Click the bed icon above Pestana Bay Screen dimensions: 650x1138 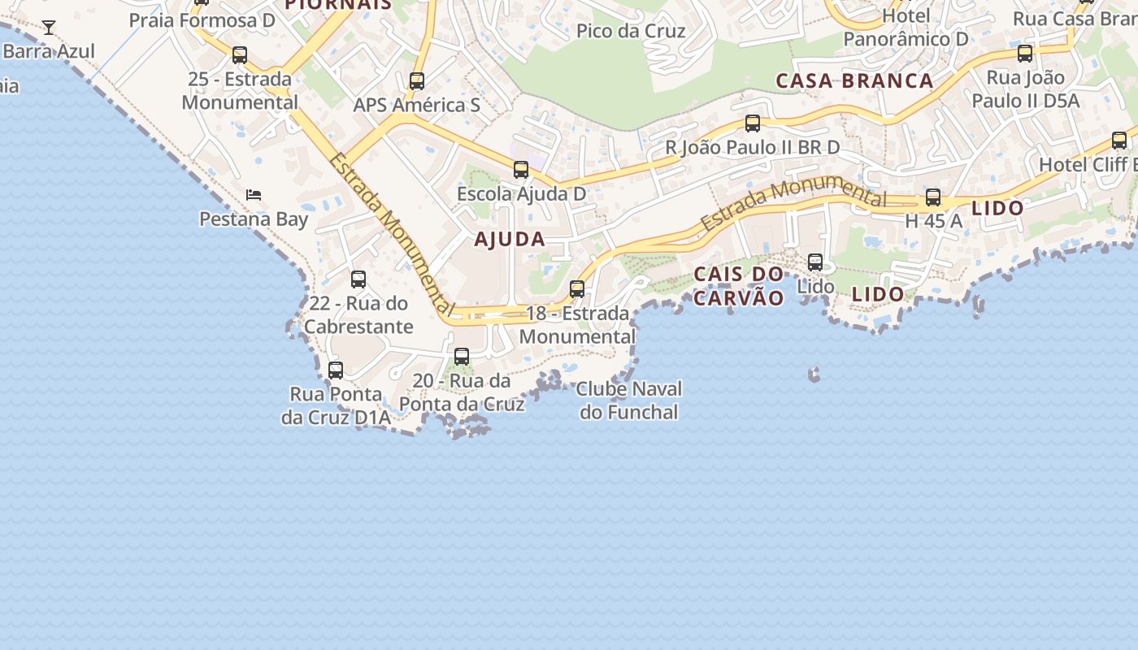[254, 195]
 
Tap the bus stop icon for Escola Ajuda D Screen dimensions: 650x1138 [521, 170]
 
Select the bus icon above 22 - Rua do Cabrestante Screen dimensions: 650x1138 [358, 279]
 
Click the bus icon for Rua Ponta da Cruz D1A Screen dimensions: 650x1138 [336, 370]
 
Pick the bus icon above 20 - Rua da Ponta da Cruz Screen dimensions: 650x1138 [462, 356]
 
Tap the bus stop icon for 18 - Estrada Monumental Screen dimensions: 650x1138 [577, 288]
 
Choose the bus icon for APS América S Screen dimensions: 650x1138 [417, 81]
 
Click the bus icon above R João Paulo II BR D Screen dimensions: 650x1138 [753, 123]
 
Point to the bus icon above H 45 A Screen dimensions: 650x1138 [933, 197]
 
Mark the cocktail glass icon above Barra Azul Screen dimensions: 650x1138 [49, 28]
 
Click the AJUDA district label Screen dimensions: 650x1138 [510, 240]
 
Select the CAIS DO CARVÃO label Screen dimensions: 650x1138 [738, 286]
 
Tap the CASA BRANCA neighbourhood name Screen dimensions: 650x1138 [854, 80]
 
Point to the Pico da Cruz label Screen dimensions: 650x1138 [631, 31]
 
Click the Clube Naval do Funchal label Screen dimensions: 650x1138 [629, 401]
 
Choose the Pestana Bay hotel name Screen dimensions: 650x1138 [254, 219]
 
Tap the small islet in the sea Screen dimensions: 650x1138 [814, 375]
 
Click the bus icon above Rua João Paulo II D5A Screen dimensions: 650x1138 [1025, 54]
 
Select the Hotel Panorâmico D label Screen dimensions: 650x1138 [906, 28]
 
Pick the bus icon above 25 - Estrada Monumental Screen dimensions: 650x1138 [240, 55]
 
